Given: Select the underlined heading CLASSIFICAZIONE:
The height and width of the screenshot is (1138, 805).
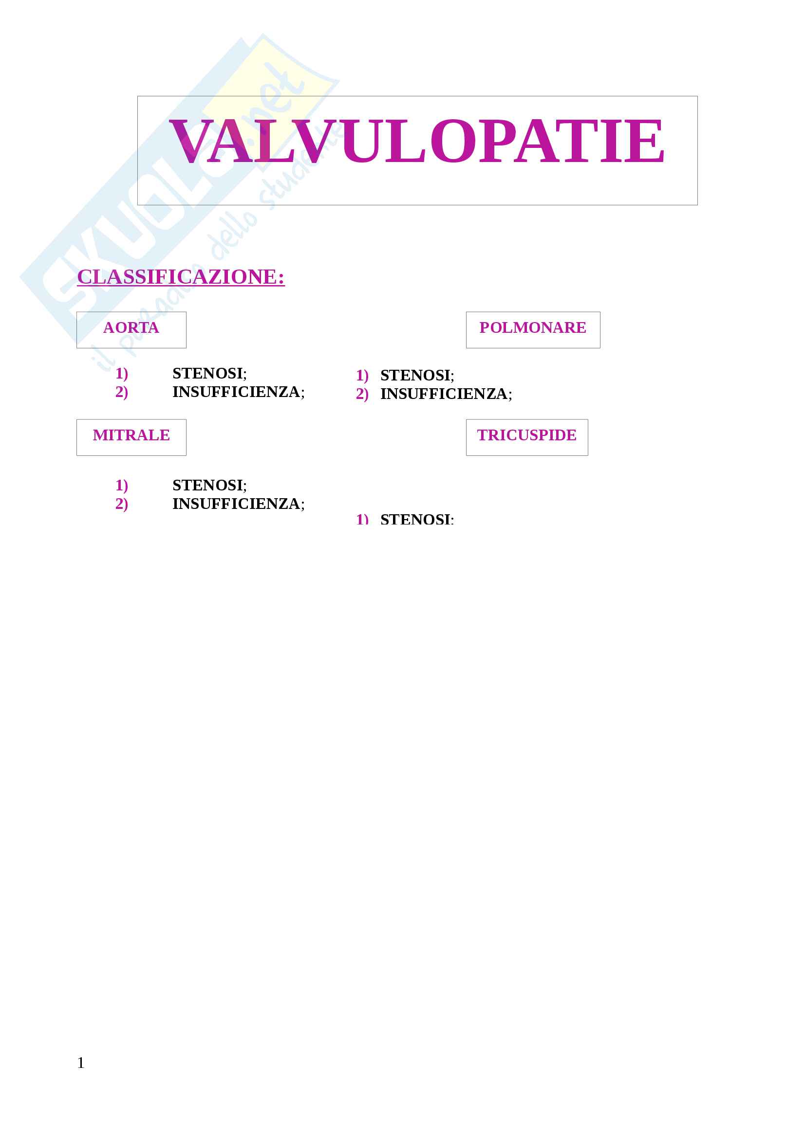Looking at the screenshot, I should point(181,276).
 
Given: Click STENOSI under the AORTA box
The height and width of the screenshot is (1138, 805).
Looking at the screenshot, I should point(209,373).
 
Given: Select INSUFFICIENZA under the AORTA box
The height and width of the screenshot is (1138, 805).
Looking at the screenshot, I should point(238,392).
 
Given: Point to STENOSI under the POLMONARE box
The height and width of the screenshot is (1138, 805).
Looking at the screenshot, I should point(417,375).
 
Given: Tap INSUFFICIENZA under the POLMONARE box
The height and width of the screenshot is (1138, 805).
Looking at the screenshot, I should point(446,394).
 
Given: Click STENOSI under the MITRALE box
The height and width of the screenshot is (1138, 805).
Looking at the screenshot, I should point(209,485).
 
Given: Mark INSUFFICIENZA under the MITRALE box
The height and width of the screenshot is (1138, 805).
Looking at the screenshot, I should point(238,504).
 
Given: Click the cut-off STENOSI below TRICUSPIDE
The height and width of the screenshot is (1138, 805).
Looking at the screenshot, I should point(417,520).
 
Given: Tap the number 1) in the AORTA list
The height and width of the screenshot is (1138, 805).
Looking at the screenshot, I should point(122,373).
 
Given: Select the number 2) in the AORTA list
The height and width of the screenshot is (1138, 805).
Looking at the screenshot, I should point(122,392).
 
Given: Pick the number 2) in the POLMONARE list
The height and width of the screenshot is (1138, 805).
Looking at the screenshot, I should point(362,394).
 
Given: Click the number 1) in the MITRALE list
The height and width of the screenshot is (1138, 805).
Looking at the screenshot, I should point(122,485).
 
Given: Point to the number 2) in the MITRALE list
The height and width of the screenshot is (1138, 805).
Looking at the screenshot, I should point(122,504).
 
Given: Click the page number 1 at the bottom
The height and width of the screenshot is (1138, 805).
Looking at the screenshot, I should point(81,1063).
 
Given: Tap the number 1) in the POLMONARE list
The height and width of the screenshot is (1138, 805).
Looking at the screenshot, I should point(362,375).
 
